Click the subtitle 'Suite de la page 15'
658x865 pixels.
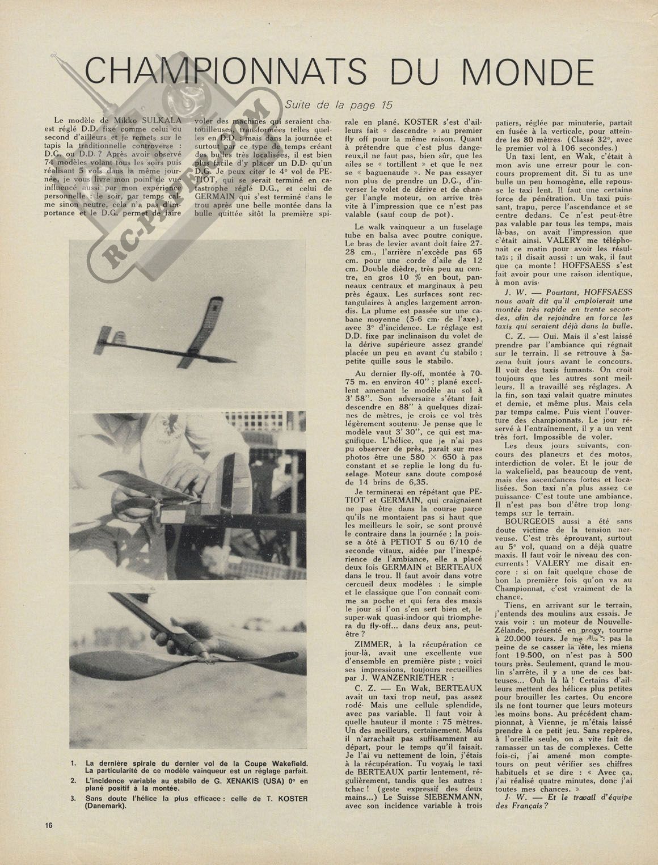(x=339, y=104)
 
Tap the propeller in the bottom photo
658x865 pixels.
(x=187, y=669)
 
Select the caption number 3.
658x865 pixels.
(x=73, y=798)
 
